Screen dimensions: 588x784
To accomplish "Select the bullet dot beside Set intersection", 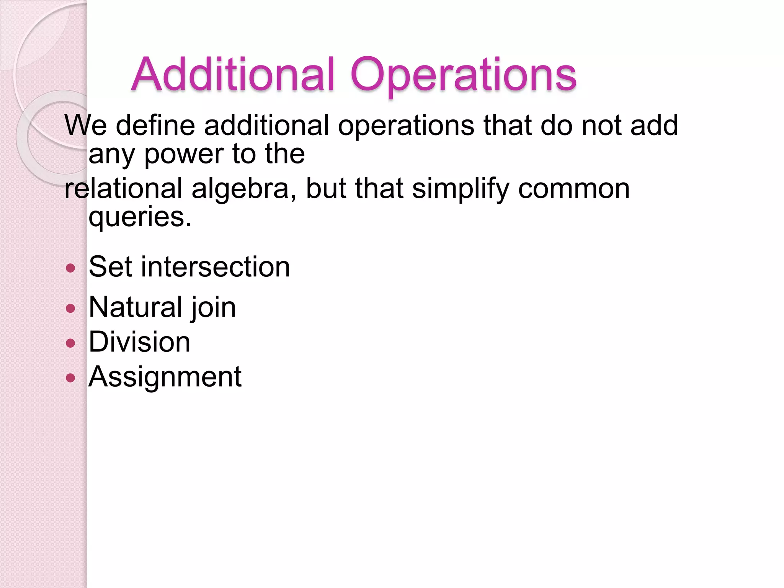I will pos(70,268).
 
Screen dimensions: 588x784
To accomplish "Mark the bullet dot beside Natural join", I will pos(70,308).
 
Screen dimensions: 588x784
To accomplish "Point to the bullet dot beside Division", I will pos(70,343).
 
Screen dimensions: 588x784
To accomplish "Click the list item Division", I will pos(139,342).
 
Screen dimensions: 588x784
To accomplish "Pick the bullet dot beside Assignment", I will pos(70,378).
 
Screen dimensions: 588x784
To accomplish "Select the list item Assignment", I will pos(165,377).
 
